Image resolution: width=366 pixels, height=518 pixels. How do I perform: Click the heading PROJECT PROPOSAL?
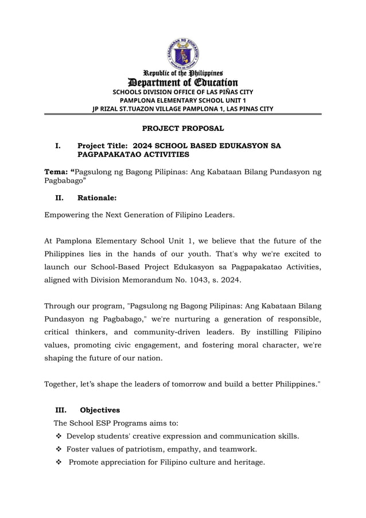click(183, 128)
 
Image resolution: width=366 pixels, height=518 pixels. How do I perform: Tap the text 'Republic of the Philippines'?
click(183, 74)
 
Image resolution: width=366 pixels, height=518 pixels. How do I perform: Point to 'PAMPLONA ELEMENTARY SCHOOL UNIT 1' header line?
click(183, 100)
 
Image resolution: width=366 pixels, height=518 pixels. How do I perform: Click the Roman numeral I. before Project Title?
click(57, 146)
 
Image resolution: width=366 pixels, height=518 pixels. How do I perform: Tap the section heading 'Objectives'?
click(100, 410)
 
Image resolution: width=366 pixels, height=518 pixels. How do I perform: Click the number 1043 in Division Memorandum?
click(200, 280)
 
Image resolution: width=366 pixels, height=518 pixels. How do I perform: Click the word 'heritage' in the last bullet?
click(247, 462)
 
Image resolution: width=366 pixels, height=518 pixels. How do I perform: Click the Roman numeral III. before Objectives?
click(61, 410)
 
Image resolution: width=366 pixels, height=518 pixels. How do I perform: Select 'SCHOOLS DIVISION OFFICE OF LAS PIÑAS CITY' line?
click(183, 92)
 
